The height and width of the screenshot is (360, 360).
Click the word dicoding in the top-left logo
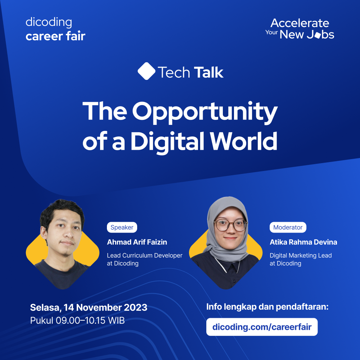click(49, 23)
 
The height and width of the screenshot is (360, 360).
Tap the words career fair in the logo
click(55, 36)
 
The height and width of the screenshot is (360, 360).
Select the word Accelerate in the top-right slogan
click(300, 23)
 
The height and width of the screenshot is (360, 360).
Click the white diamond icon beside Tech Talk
click(146, 71)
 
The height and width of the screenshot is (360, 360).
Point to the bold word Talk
click(208, 72)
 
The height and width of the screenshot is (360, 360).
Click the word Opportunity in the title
click(205, 112)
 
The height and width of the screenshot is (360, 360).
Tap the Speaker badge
click(122, 228)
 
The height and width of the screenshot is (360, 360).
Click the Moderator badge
click(288, 228)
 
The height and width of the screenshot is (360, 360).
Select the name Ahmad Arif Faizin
click(137, 242)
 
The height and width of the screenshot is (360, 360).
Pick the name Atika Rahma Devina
click(303, 242)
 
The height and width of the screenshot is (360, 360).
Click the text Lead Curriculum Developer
click(144, 256)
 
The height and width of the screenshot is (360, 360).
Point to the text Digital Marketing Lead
click(301, 256)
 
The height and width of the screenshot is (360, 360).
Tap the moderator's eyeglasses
click(230, 225)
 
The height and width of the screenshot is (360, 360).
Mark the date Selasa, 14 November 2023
click(89, 308)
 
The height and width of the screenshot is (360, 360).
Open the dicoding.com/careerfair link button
click(262, 327)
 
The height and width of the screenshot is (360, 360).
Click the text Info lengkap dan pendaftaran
click(267, 307)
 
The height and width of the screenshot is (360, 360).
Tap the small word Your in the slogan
click(272, 32)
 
